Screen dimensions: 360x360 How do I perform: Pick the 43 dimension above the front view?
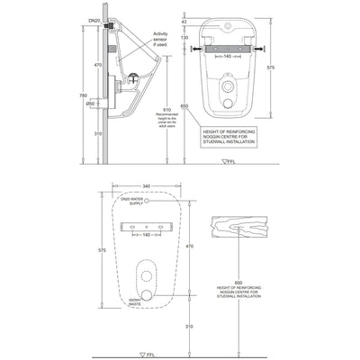(184, 21)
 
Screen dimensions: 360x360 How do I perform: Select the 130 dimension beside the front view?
(184, 38)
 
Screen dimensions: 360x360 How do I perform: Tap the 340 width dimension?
(146, 187)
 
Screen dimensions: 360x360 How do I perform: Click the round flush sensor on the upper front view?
(228, 91)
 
